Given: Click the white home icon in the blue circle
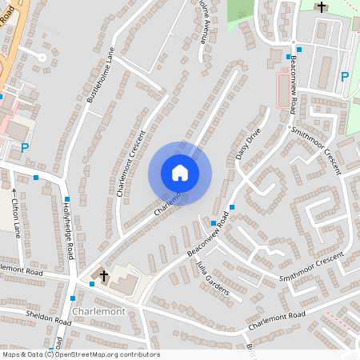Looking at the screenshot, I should tap(180, 173).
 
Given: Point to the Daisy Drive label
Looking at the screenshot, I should tap(249, 144).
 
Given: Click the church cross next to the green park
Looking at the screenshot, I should tap(322, 7).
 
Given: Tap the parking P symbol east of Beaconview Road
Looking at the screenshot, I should tap(345, 77).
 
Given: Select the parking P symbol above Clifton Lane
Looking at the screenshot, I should tap(24, 147).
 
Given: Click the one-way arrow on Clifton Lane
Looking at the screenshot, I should tap(14, 190).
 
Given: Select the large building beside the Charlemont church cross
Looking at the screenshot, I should tap(124, 280).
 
